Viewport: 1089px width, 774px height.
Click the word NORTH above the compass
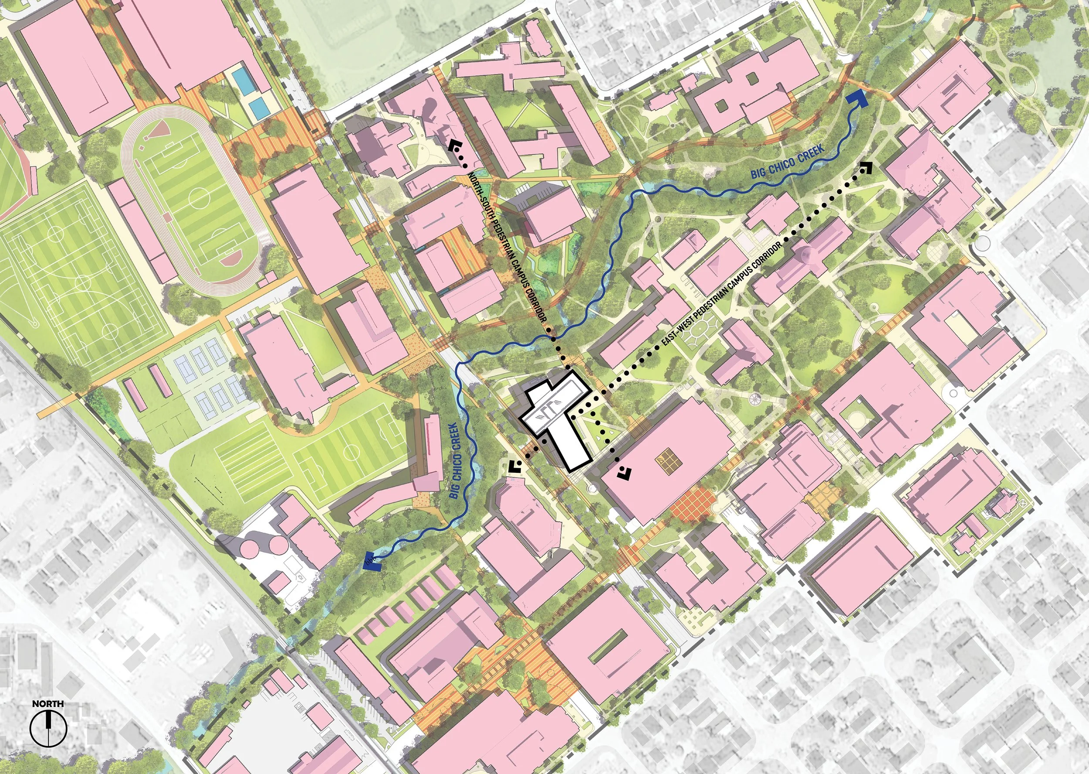[48, 703]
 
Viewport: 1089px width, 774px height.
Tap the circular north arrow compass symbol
[49, 728]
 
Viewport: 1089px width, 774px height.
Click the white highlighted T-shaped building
[560, 419]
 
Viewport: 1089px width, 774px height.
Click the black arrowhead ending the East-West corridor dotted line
[866, 167]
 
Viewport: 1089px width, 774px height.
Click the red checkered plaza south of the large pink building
[693, 503]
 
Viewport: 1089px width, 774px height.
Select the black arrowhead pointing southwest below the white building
[514, 467]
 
